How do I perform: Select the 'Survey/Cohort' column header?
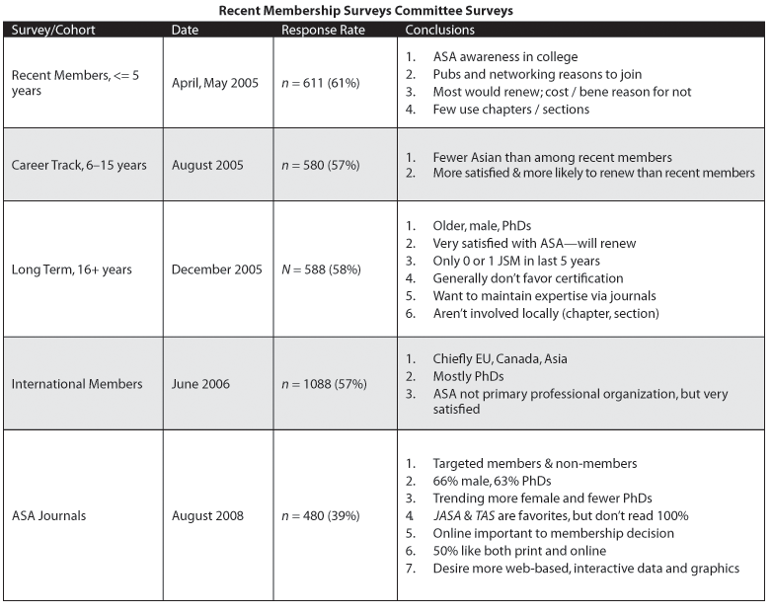tap(53, 30)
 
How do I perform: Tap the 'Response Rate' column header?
tap(323, 30)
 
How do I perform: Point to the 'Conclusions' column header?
tap(440, 30)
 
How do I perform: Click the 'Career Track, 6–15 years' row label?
tap(79, 165)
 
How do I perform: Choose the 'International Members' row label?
tap(77, 384)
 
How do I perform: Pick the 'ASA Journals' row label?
tap(49, 515)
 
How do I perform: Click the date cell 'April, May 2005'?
tap(215, 83)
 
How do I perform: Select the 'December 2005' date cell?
tap(217, 269)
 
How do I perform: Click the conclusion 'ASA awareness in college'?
tap(504, 57)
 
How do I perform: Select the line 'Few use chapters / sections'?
tap(510, 109)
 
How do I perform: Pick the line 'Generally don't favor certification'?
tap(528, 278)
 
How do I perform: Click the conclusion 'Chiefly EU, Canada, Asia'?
tap(500, 359)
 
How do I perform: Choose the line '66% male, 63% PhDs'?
tap(493, 481)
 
